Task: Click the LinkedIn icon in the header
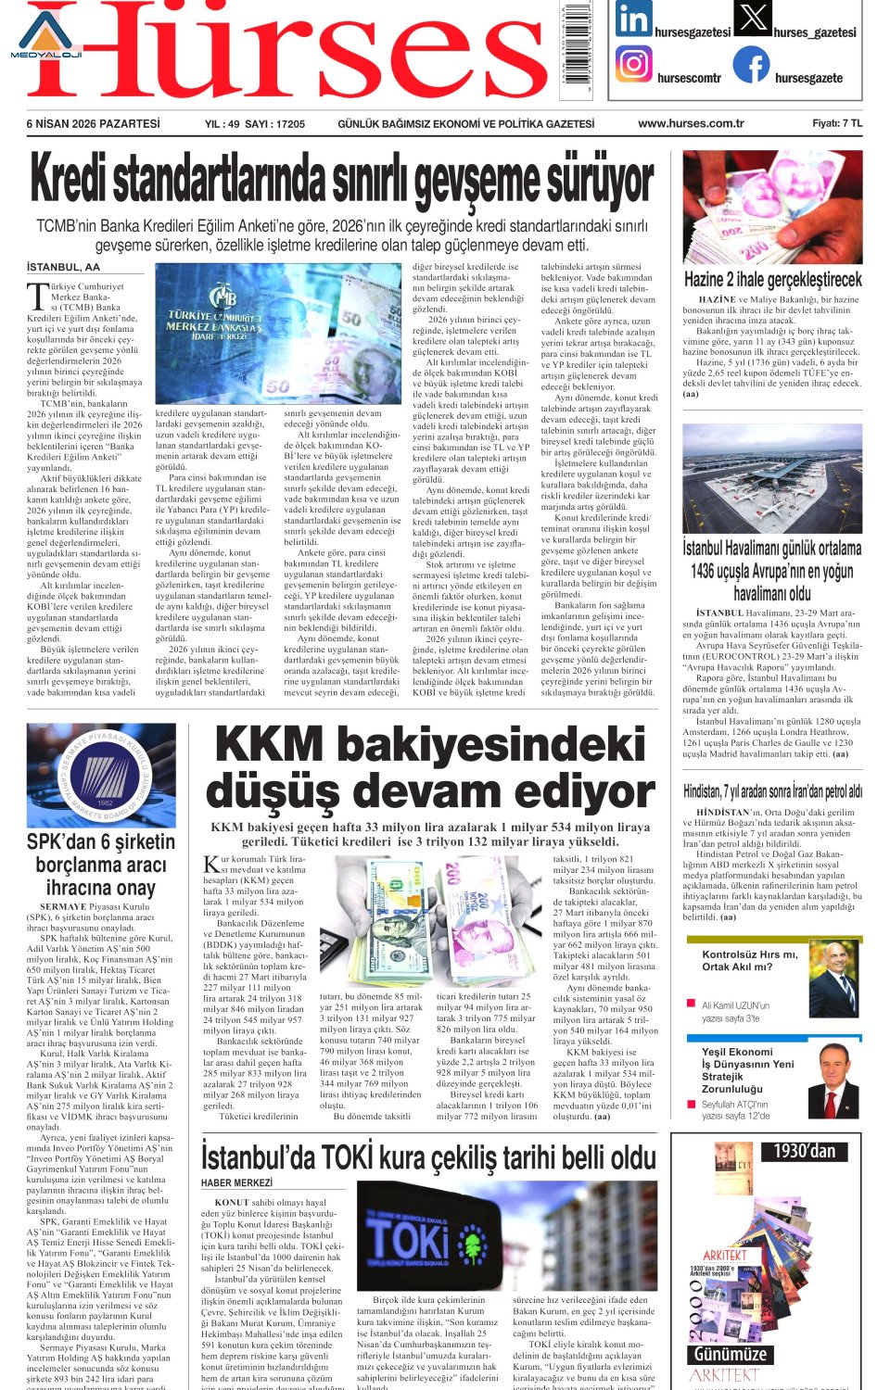[633, 19]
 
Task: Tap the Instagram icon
[633, 65]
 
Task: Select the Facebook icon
[751, 65]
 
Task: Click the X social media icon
[752, 18]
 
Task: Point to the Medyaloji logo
[45, 35]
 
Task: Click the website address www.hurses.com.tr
[691, 123]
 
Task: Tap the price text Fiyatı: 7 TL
[836, 123]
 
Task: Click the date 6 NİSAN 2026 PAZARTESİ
[93, 123]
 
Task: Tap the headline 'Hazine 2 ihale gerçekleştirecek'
[772, 279]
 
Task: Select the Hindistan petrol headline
[772, 791]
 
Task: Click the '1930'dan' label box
[805, 1151]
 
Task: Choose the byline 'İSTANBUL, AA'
[63, 267]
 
